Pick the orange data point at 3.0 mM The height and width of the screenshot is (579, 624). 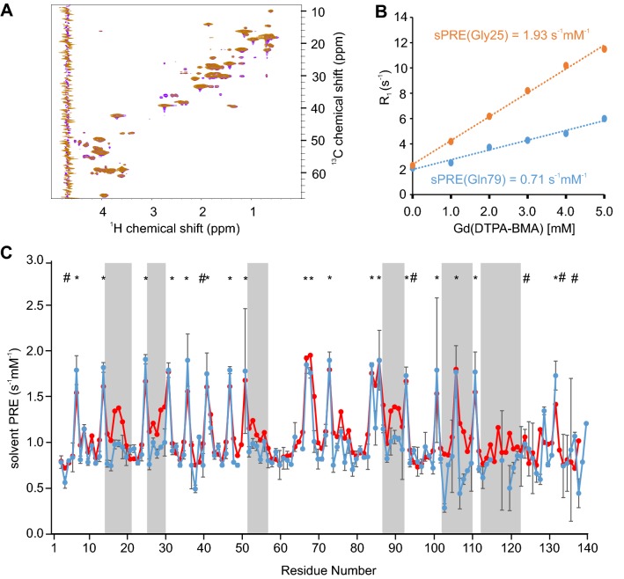[x=528, y=91]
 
